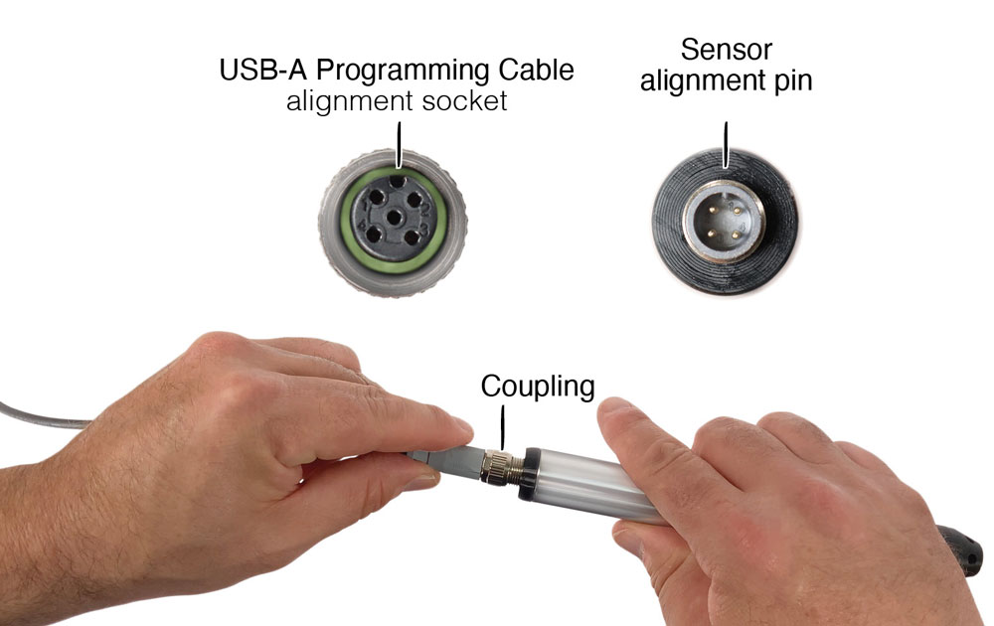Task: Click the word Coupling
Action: [x=538, y=387]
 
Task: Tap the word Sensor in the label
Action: [x=727, y=50]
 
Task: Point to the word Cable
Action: [x=537, y=70]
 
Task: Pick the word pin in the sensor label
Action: [x=793, y=82]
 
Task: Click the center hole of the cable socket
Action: [x=394, y=219]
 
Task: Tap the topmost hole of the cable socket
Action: [x=398, y=181]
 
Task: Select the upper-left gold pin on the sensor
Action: [x=713, y=208]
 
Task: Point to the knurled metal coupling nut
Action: [x=498, y=466]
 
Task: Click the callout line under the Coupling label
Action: [x=503, y=427]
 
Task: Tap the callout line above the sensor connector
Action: [x=726, y=145]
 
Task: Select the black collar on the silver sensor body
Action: [x=530, y=475]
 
